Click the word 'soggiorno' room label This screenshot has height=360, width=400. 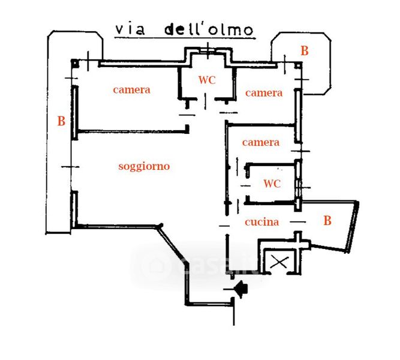click(x=144, y=167)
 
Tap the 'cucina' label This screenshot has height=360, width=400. click(x=261, y=222)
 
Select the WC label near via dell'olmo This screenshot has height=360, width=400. click(x=207, y=80)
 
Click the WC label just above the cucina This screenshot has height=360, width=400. click(x=272, y=184)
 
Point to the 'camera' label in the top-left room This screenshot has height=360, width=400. click(x=131, y=90)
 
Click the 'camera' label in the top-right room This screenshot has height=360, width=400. click(x=264, y=93)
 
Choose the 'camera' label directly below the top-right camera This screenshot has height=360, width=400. click(x=261, y=142)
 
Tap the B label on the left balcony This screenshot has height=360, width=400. click(x=61, y=121)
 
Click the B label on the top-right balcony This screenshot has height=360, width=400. click(x=305, y=50)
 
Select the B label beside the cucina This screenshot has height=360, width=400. click(x=327, y=221)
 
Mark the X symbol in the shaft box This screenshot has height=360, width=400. click(x=279, y=262)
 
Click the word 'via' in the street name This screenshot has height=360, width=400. click(x=130, y=30)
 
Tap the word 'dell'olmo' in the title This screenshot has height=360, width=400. click(x=209, y=29)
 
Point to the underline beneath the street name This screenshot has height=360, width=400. click(x=185, y=38)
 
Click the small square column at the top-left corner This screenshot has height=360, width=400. click(x=75, y=63)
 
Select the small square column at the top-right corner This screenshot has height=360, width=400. click(x=298, y=65)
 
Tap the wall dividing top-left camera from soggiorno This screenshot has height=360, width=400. click(x=133, y=131)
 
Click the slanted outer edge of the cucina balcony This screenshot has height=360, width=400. click(x=353, y=227)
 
